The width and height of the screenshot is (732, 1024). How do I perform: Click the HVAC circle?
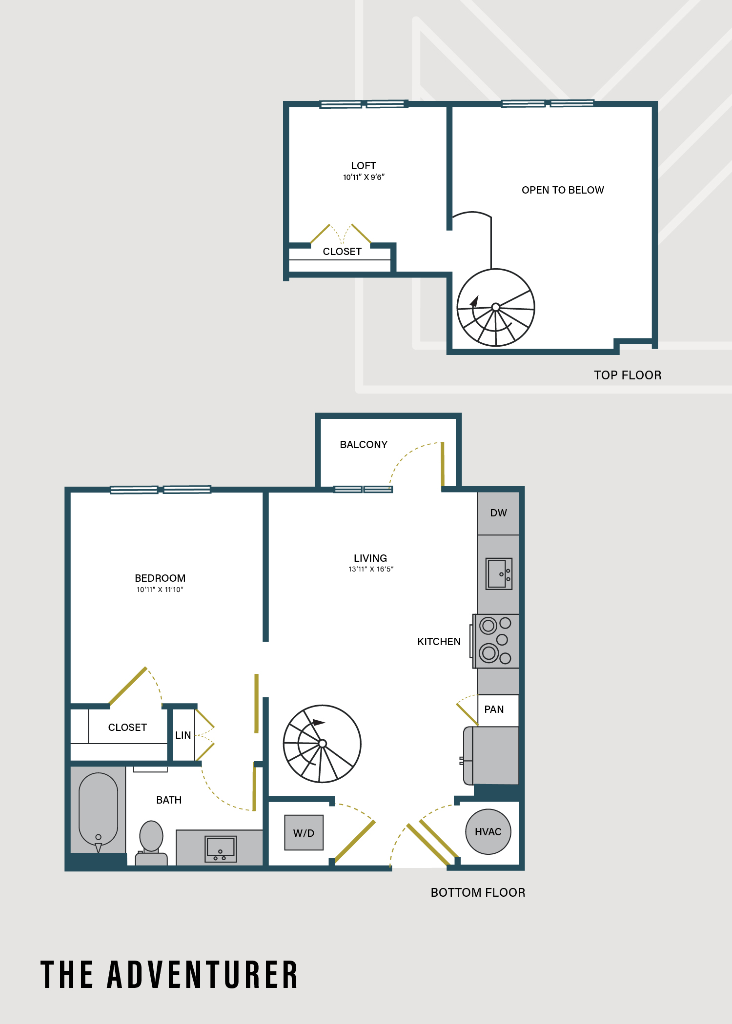(x=488, y=831)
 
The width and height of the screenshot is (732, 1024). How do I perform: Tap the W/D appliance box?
(x=304, y=832)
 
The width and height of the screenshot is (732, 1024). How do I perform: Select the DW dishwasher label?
(x=498, y=513)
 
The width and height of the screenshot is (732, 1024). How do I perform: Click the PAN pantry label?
(x=494, y=709)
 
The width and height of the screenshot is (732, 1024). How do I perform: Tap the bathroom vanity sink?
(x=221, y=849)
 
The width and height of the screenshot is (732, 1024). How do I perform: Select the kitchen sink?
(x=499, y=574)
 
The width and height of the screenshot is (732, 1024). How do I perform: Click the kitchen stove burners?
(x=495, y=641)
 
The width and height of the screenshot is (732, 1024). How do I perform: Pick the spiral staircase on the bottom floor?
(x=322, y=744)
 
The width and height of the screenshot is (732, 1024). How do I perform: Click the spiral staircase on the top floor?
(x=496, y=307)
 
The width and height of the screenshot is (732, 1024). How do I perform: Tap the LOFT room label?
(x=364, y=166)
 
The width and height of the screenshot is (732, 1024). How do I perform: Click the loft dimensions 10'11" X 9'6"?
(x=364, y=177)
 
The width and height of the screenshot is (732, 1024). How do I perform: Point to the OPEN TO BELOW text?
(x=563, y=190)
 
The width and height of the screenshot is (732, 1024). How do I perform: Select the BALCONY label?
(x=364, y=445)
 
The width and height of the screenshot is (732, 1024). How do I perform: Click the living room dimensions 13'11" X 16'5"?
(x=371, y=569)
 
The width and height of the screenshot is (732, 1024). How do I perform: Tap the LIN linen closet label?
(x=183, y=735)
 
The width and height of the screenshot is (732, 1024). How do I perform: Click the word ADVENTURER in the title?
(x=203, y=975)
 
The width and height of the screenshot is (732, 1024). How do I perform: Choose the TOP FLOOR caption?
(x=628, y=375)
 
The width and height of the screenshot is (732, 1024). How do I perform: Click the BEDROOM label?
(x=160, y=578)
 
